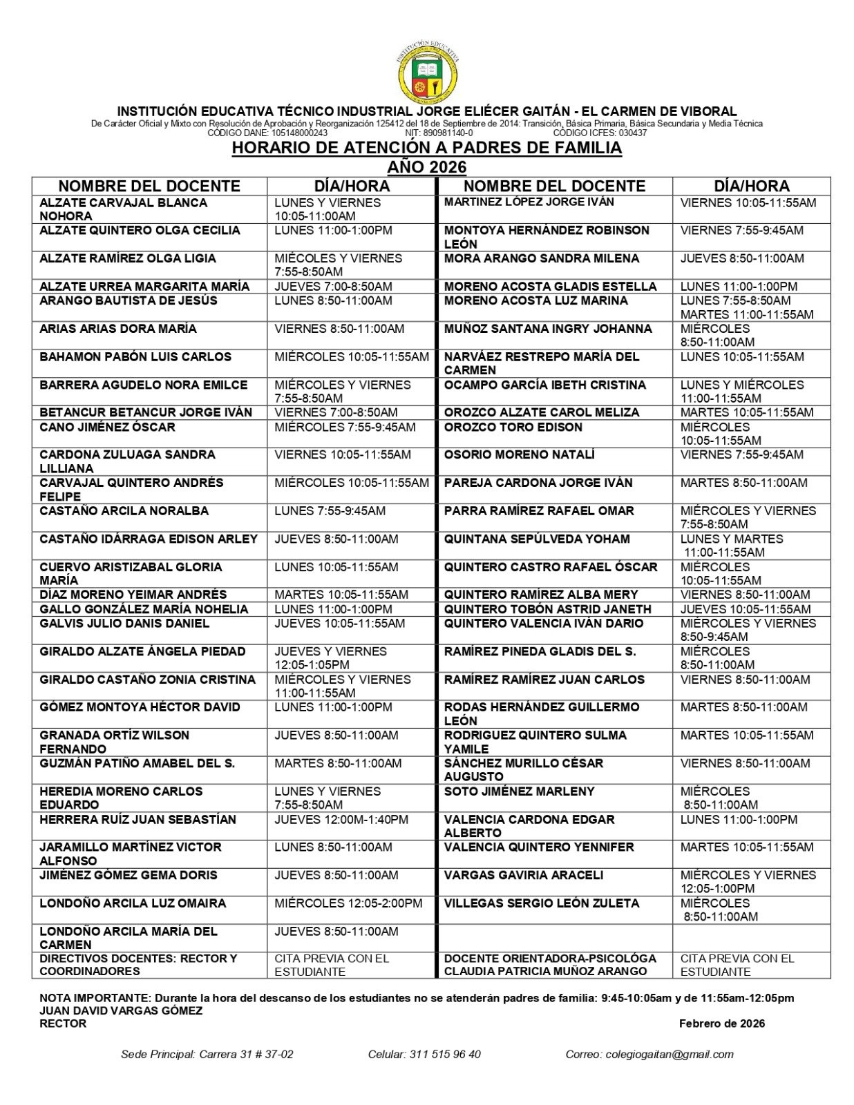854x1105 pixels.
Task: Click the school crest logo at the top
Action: point(428,71)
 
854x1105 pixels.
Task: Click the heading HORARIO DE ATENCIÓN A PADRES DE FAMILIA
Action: point(426,148)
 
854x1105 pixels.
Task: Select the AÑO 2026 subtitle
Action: point(426,167)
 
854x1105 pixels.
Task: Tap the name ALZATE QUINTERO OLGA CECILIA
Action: point(140,231)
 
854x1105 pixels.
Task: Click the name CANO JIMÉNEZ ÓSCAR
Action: point(107,427)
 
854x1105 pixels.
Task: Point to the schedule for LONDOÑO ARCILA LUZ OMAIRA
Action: point(348,903)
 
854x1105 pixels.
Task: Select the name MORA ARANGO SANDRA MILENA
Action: point(541,258)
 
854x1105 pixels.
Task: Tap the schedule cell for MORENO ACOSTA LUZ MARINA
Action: point(746,307)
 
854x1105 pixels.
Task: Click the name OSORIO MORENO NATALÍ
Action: point(519,455)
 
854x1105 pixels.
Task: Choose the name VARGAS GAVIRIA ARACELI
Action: point(523,875)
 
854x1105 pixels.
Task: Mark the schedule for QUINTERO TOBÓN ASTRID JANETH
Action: point(745,609)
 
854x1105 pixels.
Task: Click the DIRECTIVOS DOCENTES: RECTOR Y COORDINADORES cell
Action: point(138,965)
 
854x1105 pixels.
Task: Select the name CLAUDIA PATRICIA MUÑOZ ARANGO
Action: point(545,971)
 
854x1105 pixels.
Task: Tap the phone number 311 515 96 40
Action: point(445,1054)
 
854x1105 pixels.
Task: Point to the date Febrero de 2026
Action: point(721,1024)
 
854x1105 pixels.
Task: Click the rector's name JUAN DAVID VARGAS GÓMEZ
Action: point(121,1010)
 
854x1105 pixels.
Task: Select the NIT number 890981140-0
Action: point(448,133)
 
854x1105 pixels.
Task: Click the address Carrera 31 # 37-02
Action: point(246,1054)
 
